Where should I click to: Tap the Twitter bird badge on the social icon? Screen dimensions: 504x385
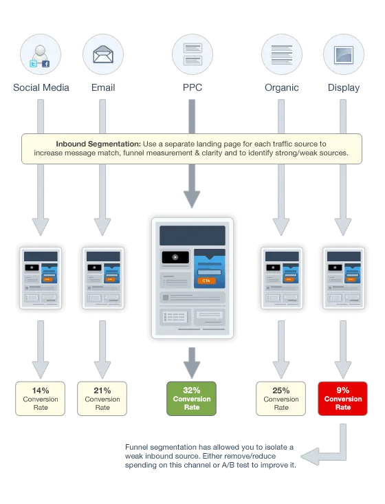click(x=32, y=64)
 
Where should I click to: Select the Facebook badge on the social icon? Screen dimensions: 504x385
click(x=45, y=64)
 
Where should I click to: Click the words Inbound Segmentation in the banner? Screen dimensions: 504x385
click(x=98, y=144)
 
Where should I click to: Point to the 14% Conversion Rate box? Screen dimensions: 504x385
click(x=41, y=399)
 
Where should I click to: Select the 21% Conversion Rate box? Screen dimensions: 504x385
click(x=102, y=399)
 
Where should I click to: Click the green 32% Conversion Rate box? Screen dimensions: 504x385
click(x=192, y=399)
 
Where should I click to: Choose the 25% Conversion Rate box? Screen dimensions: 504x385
click(x=281, y=399)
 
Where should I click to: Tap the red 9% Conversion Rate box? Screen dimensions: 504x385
click(x=343, y=399)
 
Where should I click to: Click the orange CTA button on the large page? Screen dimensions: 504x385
click(x=206, y=281)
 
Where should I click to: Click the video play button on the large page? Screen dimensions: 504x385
click(x=175, y=257)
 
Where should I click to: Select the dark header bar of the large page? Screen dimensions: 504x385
click(x=192, y=234)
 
